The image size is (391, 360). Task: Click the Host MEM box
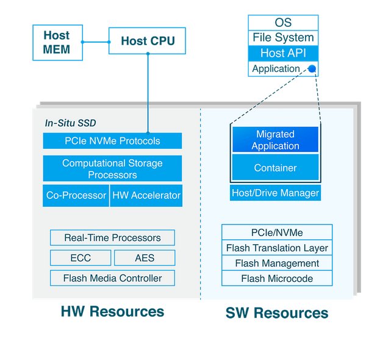point(57,43)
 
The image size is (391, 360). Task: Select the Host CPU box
point(147,41)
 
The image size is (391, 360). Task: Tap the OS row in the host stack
point(283,23)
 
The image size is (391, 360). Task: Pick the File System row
point(283,38)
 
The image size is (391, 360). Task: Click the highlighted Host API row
point(283,53)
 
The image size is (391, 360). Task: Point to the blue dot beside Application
point(312,68)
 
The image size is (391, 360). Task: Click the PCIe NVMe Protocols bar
point(112,141)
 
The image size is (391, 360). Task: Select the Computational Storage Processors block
point(112,168)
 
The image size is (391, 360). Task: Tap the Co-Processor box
point(76,195)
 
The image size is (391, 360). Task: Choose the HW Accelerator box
point(146,195)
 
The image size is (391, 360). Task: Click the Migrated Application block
point(275,140)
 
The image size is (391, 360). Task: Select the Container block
point(275,167)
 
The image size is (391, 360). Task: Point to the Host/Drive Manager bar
point(275,193)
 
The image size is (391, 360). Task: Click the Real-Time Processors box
point(112,237)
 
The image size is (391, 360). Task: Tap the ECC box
point(81,257)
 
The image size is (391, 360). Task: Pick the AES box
point(145,257)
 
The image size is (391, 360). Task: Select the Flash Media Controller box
point(112,278)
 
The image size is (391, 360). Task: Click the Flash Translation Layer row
point(277,248)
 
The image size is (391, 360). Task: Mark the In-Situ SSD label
point(70,123)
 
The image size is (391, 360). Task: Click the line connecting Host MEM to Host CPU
point(96,42)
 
